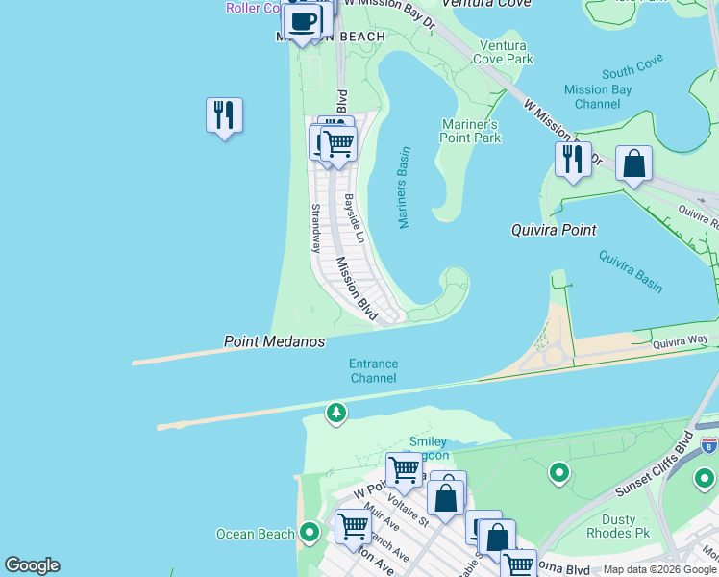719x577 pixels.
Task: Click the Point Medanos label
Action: (x=274, y=341)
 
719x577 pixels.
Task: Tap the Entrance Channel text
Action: (x=373, y=370)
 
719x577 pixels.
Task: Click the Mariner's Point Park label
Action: (x=471, y=131)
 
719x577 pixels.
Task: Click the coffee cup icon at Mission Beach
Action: (x=302, y=21)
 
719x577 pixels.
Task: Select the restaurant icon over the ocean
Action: (x=224, y=115)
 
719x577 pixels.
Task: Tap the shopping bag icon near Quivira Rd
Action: (x=633, y=163)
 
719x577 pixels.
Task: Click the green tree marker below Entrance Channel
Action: (x=335, y=414)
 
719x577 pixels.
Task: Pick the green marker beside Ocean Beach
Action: (x=310, y=531)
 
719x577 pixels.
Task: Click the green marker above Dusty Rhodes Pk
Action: (x=558, y=472)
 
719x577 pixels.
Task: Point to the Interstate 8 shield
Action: (x=708, y=445)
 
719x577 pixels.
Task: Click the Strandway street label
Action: (x=314, y=228)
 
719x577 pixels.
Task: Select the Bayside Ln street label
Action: (x=354, y=218)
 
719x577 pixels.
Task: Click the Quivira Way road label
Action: (x=680, y=340)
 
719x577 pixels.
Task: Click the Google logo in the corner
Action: (x=32, y=565)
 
